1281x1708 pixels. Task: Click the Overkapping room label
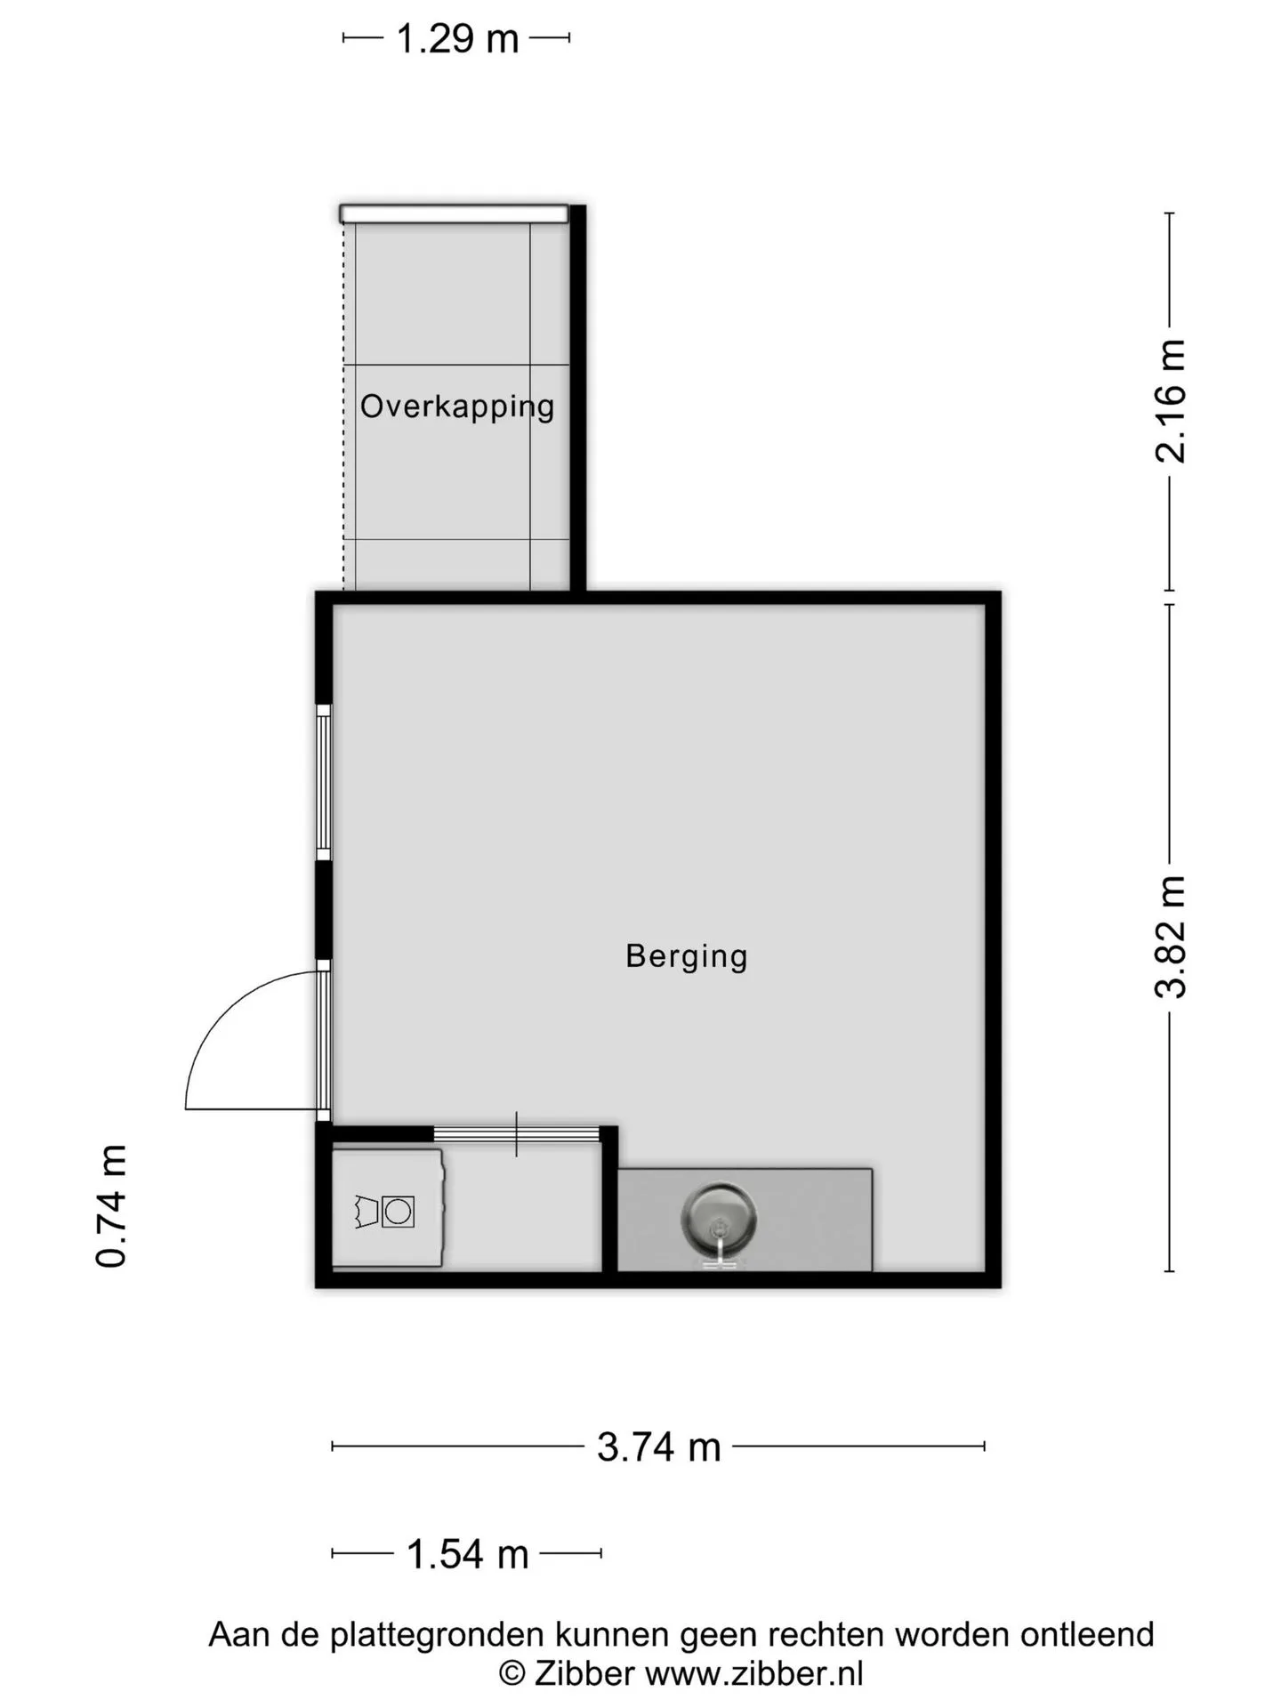coord(457,407)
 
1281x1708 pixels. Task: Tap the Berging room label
coord(687,956)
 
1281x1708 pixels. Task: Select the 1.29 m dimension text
coord(457,38)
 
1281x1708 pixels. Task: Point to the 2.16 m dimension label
coord(1171,401)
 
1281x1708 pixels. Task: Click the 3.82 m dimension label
coord(1171,937)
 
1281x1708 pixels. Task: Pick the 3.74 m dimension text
coord(658,1447)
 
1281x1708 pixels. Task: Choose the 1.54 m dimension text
coord(468,1554)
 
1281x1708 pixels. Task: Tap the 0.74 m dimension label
coord(112,1206)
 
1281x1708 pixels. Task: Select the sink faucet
coord(719,1246)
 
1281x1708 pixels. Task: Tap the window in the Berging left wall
coord(324,783)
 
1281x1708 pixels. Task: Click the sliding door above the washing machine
coord(516,1134)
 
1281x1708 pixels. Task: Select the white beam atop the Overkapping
coord(454,213)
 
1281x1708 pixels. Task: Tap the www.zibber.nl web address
coord(754,1673)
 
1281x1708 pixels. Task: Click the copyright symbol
coord(512,1673)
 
